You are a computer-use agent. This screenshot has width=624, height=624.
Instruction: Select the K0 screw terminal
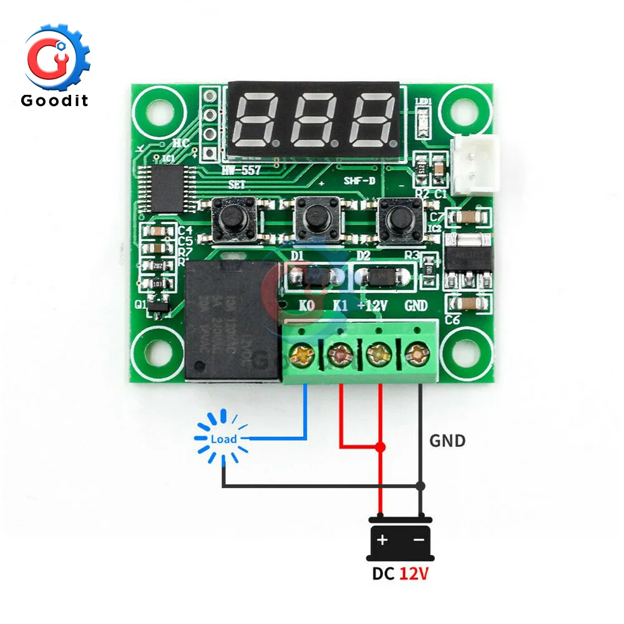302,355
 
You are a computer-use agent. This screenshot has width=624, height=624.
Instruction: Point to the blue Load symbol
223,439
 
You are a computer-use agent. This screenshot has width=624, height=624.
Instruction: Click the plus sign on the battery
381,540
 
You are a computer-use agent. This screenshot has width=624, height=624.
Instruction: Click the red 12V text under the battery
413,574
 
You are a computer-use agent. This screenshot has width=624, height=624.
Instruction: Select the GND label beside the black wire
447,441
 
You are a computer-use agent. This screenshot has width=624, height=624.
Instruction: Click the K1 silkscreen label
340,306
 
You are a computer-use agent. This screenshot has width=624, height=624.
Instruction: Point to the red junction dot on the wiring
381,447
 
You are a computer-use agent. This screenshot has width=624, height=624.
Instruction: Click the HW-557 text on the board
243,170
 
